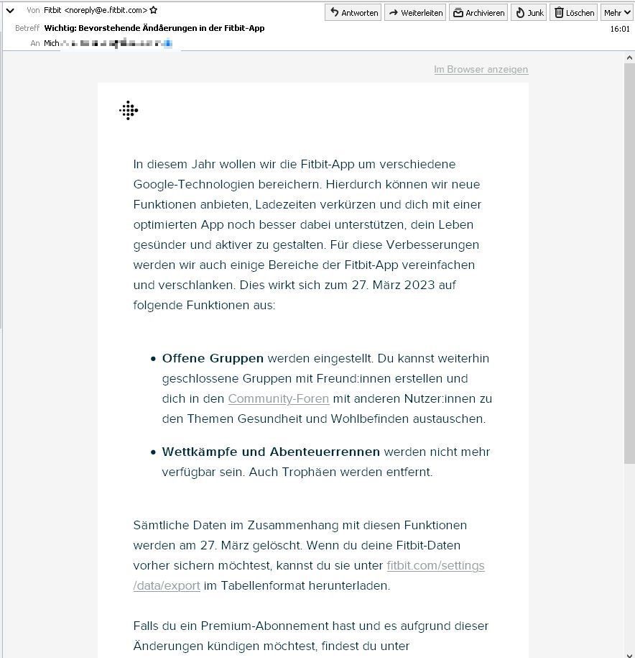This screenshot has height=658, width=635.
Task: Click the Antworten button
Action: click(353, 12)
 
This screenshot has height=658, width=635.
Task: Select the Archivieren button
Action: click(478, 12)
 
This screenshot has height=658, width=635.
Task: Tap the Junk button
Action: click(529, 12)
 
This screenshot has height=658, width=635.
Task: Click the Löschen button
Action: click(573, 12)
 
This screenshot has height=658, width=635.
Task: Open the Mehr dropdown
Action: click(617, 12)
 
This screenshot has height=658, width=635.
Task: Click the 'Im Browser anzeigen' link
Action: click(481, 69)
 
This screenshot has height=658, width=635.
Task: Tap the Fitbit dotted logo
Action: click(129, 110)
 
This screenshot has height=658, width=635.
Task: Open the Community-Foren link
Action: click(278, 398)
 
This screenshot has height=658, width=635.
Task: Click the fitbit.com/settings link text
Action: click(435, 565)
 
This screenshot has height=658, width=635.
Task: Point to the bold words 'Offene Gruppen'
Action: click(213, 358)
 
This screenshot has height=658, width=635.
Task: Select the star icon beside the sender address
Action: click(154, 10)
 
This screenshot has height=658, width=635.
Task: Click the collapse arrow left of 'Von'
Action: click(10, 11)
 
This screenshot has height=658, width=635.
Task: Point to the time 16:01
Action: click(619, 29)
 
